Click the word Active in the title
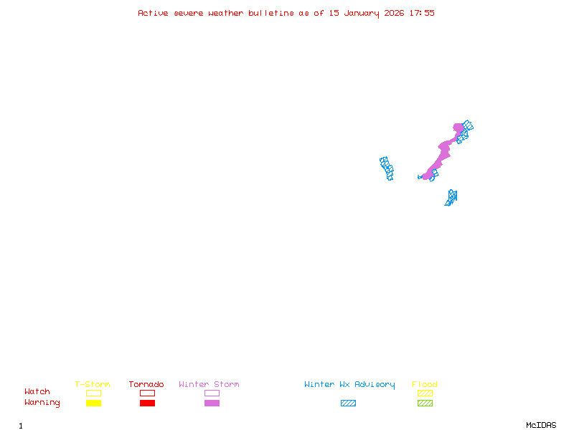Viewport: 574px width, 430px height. [x=153, y=13]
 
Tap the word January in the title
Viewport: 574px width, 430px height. [x=362, y=13]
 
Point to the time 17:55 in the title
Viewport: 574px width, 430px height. [x=422, y=13]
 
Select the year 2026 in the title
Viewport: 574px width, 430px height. [x=395, y=13]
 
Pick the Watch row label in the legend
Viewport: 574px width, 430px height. [x=37, y=392]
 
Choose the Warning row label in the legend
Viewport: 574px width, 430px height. [x=42, y=403]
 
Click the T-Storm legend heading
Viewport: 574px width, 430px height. [x=93, y=385]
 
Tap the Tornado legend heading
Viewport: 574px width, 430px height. [x=146, y=385]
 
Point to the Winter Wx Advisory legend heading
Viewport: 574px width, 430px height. [x=349, y=385]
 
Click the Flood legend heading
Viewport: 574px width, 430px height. [x=425, y=385]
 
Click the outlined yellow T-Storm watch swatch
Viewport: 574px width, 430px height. [x=93, y=393]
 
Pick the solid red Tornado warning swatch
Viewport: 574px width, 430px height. [x=147, y=403]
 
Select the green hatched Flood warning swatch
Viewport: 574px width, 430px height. [x=425, y=403]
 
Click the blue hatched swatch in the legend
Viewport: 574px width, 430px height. [x=348, y=403]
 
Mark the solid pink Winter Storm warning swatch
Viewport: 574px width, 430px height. [x=212, y=403]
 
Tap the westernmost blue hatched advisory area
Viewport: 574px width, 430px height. [x=387, y=168]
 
